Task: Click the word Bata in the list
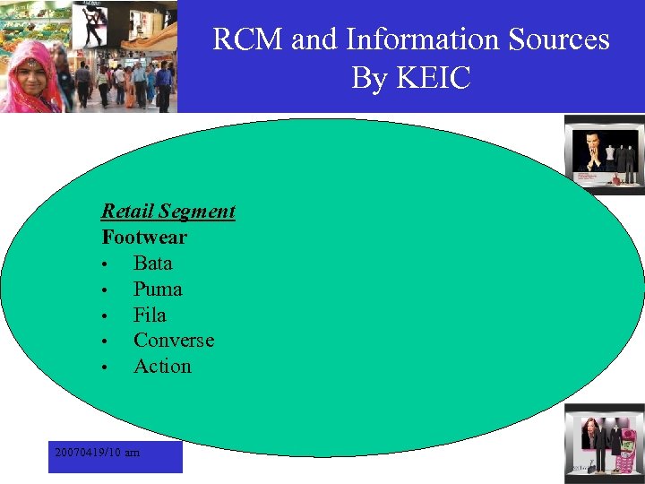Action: point(152,264)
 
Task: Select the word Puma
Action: point(158,290)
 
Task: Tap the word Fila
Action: point(150,315)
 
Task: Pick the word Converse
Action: point(174,341)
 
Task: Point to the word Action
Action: point(162,367)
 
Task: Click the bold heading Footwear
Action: point(144,238)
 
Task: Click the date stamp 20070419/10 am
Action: point(97,453)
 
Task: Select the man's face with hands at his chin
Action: point(589,146)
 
